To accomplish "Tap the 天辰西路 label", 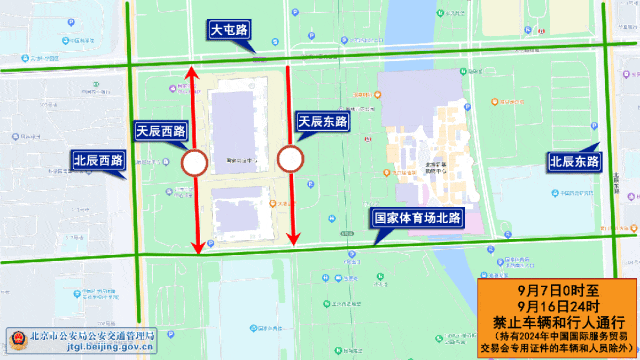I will click(161, 131).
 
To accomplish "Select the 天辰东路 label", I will click(323, 121).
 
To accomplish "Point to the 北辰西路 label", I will click(98, 160).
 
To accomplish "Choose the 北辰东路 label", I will click(574, 161).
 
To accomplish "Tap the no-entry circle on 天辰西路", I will click(195, 161).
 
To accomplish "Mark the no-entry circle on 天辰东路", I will click(290, 158).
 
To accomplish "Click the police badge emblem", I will click(16, 340).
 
